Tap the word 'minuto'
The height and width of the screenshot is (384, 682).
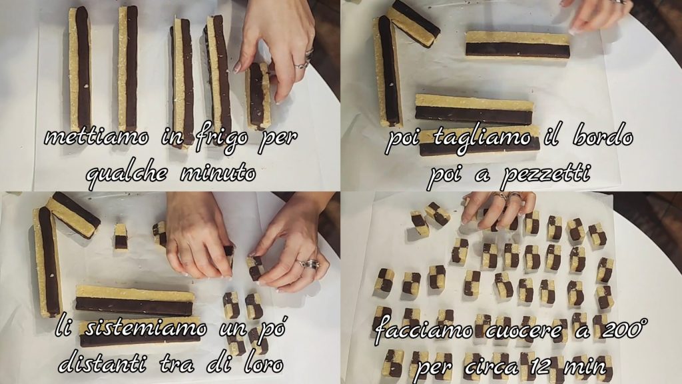(218, 173)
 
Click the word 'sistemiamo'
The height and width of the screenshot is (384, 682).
(146, 328)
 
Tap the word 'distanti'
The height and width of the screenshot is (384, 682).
(102, 363)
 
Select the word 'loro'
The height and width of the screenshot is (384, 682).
(264, 363)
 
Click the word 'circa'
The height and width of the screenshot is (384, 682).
(491, 367)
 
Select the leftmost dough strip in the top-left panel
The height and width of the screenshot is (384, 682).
(80, 69)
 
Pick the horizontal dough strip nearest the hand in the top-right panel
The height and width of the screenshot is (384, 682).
(517, 45)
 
